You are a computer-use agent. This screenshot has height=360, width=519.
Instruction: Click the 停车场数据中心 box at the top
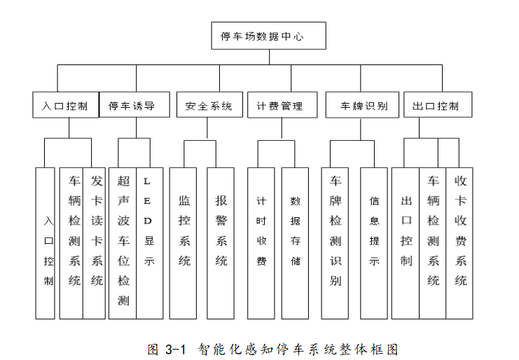pos(268,36)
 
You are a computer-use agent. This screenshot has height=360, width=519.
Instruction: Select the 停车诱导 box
pos(134,104)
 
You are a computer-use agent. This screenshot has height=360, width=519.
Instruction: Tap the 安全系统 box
pos(209,104)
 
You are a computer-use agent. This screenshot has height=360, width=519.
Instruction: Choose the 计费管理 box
pos(282,104)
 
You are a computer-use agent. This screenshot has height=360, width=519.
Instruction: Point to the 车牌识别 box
pos(362,104)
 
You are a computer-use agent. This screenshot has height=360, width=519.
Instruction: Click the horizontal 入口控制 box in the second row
pos(66,104)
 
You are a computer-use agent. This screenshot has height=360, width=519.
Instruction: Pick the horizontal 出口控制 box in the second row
pos(438,104)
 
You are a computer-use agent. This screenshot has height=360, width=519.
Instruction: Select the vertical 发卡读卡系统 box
pos(94,243)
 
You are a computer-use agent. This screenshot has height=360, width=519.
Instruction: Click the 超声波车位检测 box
pos(123,243)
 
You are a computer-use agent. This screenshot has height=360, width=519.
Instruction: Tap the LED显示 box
pos(150,243)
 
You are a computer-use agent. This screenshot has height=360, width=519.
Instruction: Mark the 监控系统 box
pos(183,243)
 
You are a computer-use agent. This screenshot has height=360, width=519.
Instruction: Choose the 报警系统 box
pos(221,243)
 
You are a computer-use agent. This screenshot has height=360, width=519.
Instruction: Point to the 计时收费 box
pos(261,243)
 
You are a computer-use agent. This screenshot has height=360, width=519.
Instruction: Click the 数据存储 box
pos(295,243)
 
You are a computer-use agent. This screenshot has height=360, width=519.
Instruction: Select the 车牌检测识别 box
pos(335,243)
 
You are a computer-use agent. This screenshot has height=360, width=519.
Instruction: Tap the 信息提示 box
pos(374,243)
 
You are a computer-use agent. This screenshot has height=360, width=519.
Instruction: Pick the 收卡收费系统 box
pos(459,243)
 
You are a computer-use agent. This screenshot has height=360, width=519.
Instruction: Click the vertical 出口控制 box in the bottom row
pos(406,243)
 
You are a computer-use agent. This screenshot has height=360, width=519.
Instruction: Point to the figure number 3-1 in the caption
pos(175,349)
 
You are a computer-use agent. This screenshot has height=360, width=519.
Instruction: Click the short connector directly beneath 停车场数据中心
pos(269,57)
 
